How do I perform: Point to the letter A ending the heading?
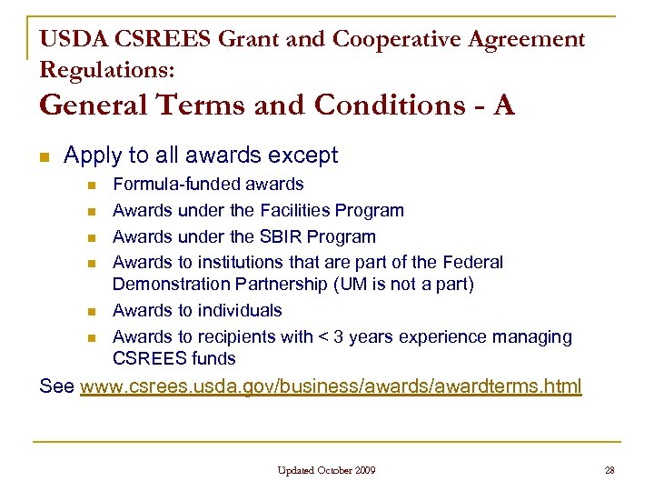coord(504,105)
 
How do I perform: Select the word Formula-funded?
coord(163,185)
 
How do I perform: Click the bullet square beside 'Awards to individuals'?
coord(91,312)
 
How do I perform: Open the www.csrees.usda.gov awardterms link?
coord(331,386)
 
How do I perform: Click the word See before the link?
coord(57,386)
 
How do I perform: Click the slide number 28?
coord(609,470)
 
